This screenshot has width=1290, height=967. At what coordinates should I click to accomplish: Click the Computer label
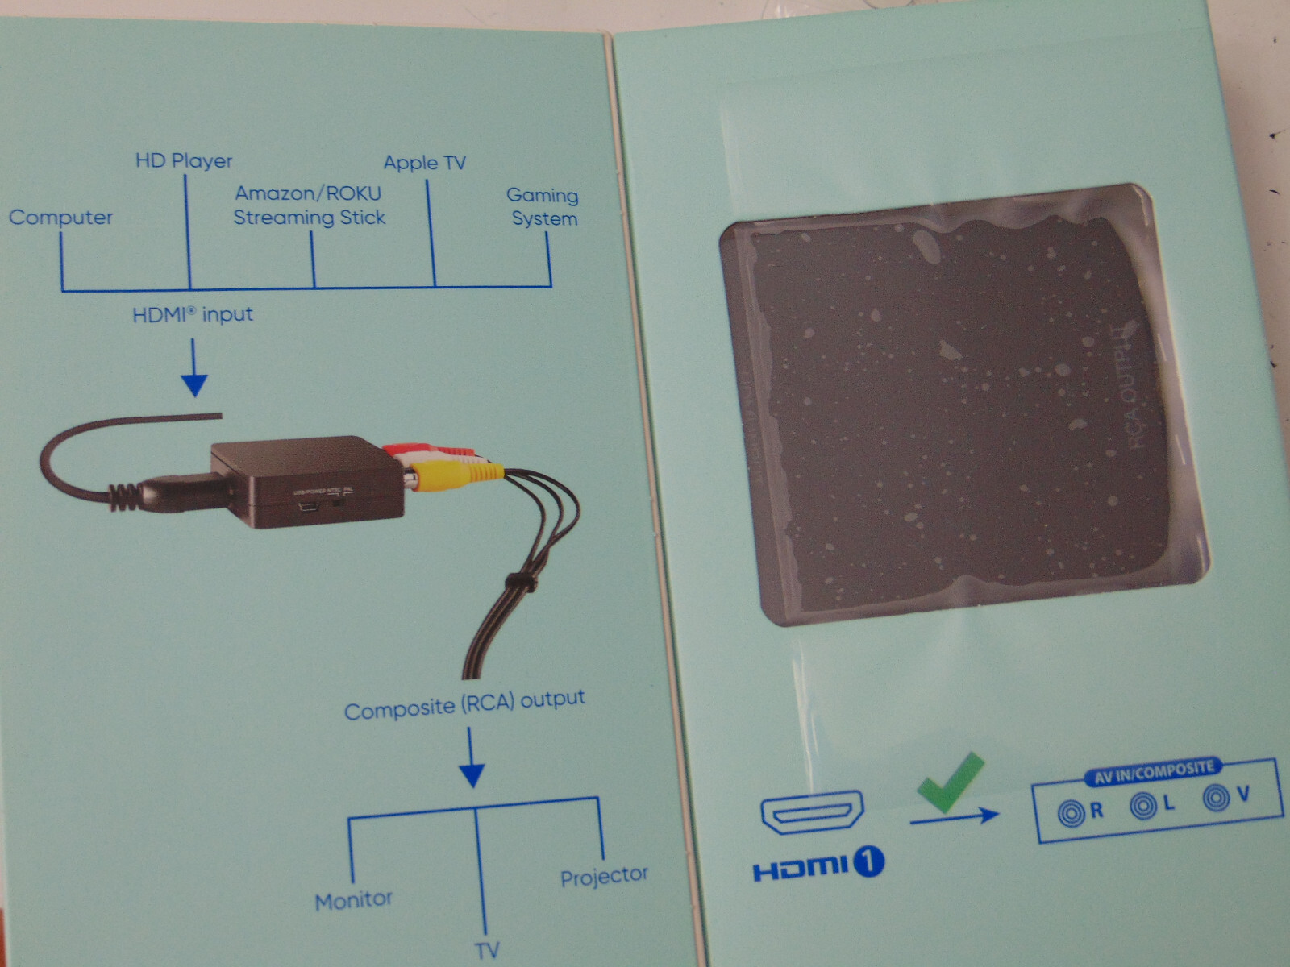pyautogui.click(x=60, y=218)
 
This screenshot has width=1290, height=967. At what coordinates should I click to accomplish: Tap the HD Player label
pyautogui.click(x=184, y=160)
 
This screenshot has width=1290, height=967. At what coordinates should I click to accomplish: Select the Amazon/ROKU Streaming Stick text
pyautogui.click(x=309, y=205)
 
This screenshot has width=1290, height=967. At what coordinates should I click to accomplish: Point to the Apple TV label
pyautogui.click(x=425, y=163)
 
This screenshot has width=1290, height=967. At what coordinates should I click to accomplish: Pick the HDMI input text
pyautogui.click(x=193, y=314)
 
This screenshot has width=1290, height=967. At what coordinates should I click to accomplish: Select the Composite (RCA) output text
pyautogui.click(x=464, y=704)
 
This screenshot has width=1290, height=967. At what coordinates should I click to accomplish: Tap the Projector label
pyautogui.click(x=604, y=876)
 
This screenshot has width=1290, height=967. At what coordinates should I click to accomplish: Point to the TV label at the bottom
pyautogui.click(x=486, y=950)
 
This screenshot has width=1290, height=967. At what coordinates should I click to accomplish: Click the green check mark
pyautogui.click(x=951, y=781)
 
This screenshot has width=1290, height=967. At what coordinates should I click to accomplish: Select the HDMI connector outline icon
pyautogui.click(x=812, y=811)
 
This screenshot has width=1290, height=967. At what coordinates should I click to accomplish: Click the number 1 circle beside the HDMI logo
pyautogui.click(x=868, y=862)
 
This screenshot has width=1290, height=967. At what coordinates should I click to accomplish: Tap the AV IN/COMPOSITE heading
pyautogui.click(x=1153, y=771)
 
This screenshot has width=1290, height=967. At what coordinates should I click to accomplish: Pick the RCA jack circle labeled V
pyautogui.click(x=1216, y=798)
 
